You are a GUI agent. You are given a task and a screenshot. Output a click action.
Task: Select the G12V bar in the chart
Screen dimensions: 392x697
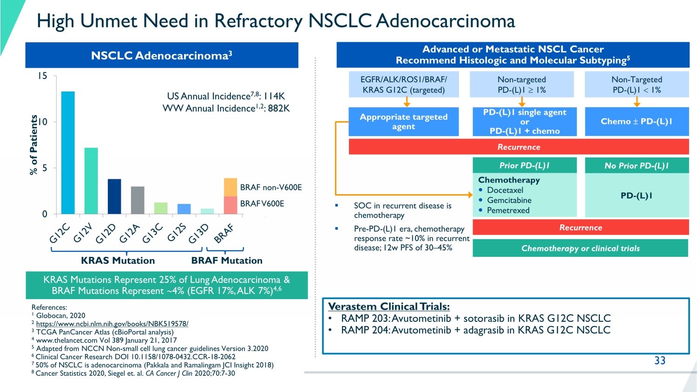click(x=91, y=181)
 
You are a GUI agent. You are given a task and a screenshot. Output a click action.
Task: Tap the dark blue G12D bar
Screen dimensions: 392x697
click(x=114, y=196)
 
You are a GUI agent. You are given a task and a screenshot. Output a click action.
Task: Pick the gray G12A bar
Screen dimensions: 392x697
click(x=138, y=200)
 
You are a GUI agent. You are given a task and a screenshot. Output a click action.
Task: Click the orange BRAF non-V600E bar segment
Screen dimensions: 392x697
click(x=230, y=187)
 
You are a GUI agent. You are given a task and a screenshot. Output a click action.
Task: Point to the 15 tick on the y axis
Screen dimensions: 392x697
click(x=43, y=76)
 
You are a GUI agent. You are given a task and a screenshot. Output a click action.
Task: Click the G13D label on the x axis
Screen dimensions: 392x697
click(x=198, y=233)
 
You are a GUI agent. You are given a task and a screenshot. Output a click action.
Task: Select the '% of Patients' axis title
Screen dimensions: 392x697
click(x=33, y=145)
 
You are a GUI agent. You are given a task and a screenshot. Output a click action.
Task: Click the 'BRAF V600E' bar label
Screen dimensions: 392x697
click(x=262, y=203)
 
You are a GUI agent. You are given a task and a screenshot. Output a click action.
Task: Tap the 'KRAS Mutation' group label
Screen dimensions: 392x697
click(x=118, y=261)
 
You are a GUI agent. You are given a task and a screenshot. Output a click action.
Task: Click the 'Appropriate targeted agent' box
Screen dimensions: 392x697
click(x=403, y=122)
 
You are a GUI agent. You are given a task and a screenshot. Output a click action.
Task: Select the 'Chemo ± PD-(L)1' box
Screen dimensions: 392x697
click(x=637, y=122)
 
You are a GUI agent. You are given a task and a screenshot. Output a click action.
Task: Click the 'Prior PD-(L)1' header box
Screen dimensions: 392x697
click(x=525, y=165)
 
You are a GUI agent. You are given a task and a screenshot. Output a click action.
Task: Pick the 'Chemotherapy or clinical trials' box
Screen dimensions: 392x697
click(x=580, y=248)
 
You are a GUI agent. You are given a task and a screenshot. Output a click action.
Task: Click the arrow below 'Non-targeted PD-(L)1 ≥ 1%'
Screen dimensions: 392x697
click(x=522, y=102)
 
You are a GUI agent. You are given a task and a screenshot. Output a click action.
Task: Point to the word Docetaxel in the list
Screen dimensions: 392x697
click(x=505, y=190)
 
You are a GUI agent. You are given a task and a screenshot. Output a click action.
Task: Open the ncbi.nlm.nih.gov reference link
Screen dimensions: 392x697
click(x=112, y=324)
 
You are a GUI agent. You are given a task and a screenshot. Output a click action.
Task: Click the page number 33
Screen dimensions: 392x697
click(x=660, y=360)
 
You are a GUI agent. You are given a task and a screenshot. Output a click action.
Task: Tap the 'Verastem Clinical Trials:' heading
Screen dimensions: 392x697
click(x=389, y=307)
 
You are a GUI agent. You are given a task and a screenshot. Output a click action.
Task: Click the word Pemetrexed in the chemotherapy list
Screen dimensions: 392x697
click(x=508, y=210)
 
